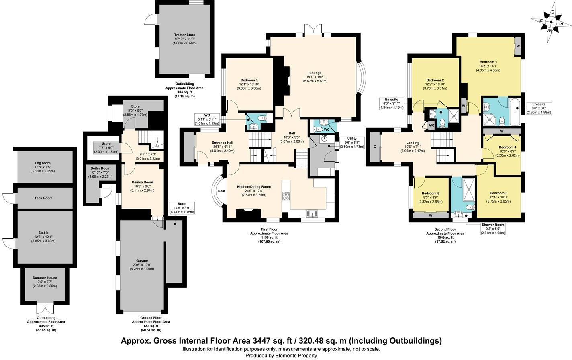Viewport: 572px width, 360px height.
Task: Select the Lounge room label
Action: click(x=315, y=73)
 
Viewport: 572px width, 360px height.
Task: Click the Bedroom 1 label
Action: click(x=488, y=62)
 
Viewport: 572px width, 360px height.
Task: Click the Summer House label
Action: click(x=45, y=278)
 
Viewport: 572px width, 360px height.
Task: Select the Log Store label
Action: click(x=43, y=163)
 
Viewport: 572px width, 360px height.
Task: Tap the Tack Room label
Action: click(x=43, y=198)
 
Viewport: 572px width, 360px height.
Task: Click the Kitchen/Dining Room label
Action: click(x=253, y=187)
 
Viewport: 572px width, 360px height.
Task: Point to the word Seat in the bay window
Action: click(x=221, y=191)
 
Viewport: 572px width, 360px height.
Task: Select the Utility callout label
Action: click(x=352, y=139)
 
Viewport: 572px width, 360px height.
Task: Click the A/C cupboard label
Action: click(x=431, y=125)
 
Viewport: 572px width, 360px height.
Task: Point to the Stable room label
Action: click(x=43, y=233)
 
